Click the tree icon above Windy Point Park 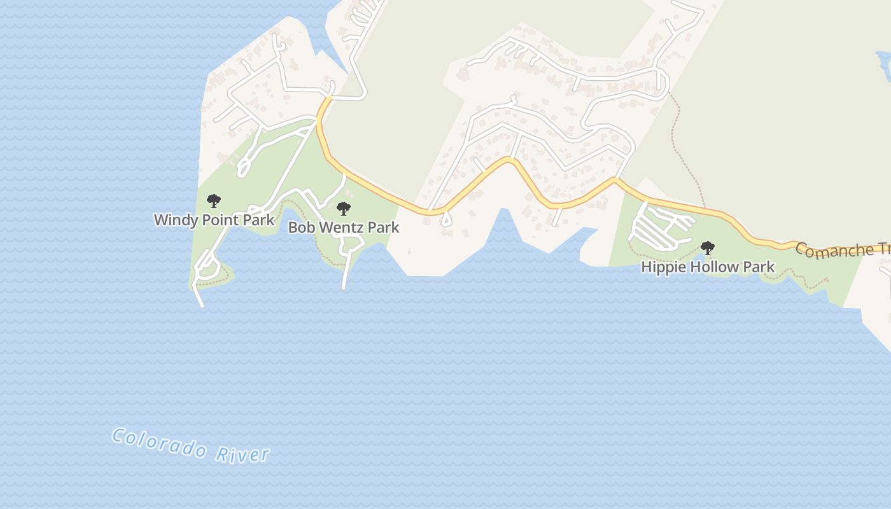pyautogui.click(x=214, y=201)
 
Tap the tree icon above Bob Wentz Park pyautogui.click(x=344, y=208)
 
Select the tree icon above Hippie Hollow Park pyautogui.click(x=707, y=248)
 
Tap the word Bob pyautogui.click(x=301, y=228)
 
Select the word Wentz pyautogui.click(x=340, y=228)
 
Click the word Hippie pyautogui.click(x=661, y=267)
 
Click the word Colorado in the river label pyautogui.click(x=159, y=443)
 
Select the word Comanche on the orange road pyautogui.click(x=834, y=251)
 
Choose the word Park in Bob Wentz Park pyautogui.click(x=384, y=228)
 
